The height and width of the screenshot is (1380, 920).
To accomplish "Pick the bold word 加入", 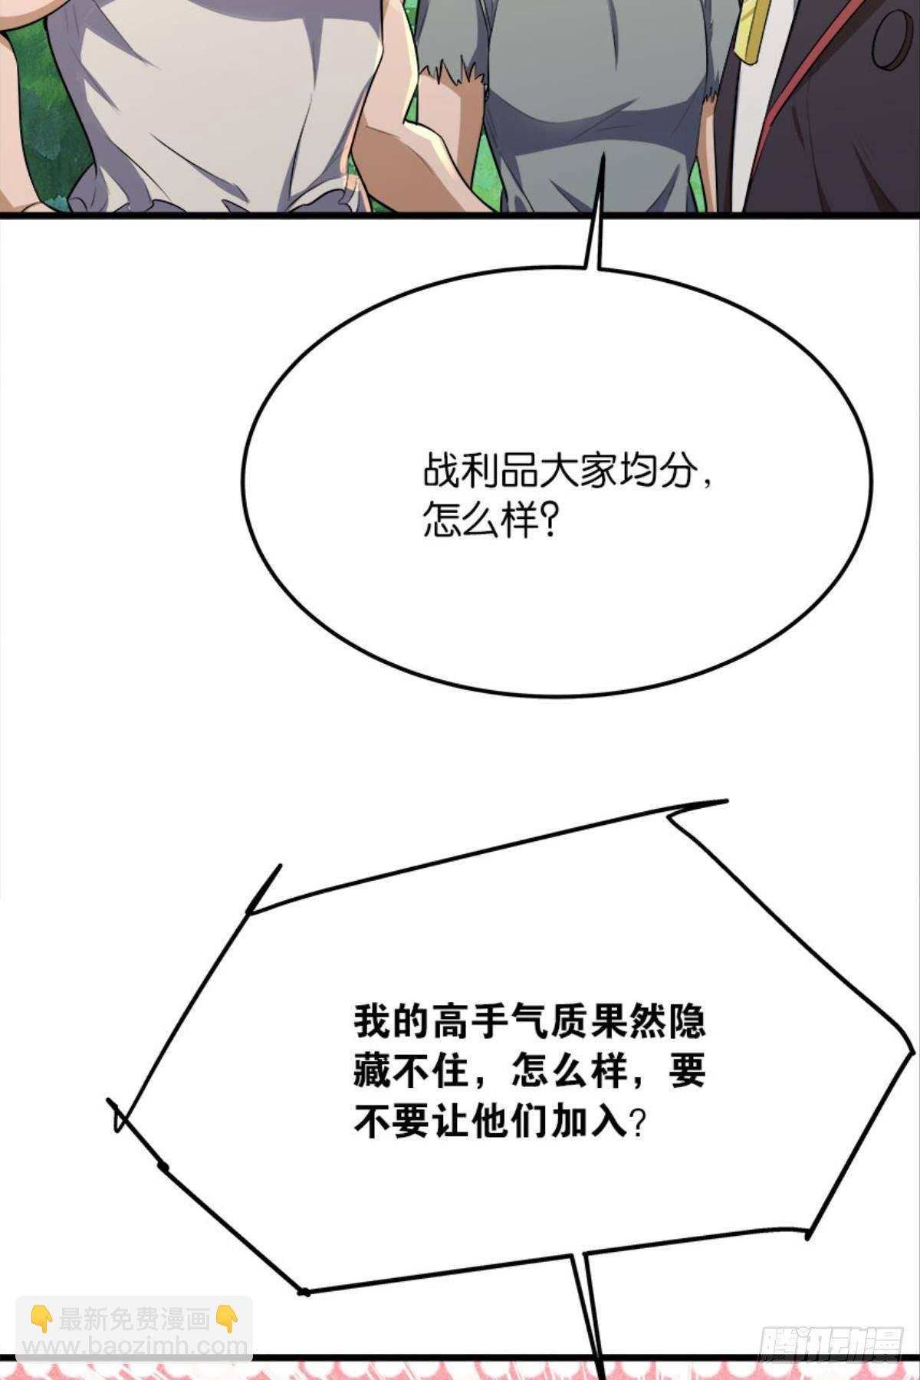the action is coord(588,1122).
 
